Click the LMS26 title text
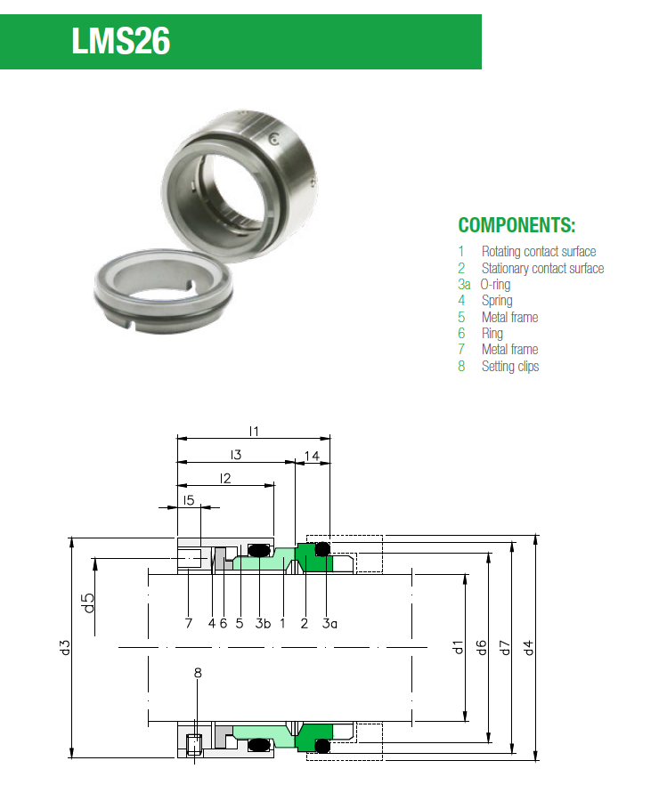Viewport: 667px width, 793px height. [x=121, y=41]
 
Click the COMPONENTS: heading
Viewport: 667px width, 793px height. [x=517, y=225]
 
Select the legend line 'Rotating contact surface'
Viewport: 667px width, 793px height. [x=538, y=252]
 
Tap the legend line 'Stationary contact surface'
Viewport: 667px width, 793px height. [x=541, y=268]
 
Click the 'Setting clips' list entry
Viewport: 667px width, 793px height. [x=509, y=366]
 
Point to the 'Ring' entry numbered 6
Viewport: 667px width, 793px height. [x=492, y=333]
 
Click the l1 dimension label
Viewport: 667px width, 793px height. [x=253, y=431]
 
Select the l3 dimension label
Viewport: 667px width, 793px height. [x=235, y=455]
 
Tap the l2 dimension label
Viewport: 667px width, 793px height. [x=224, y=479]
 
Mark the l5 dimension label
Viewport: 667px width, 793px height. [x=188, y=501]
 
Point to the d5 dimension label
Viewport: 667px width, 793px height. [x=87, y=603]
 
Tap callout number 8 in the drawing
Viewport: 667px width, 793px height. [x=198, y=673]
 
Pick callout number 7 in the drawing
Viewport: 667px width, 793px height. [x=188, y=623]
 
